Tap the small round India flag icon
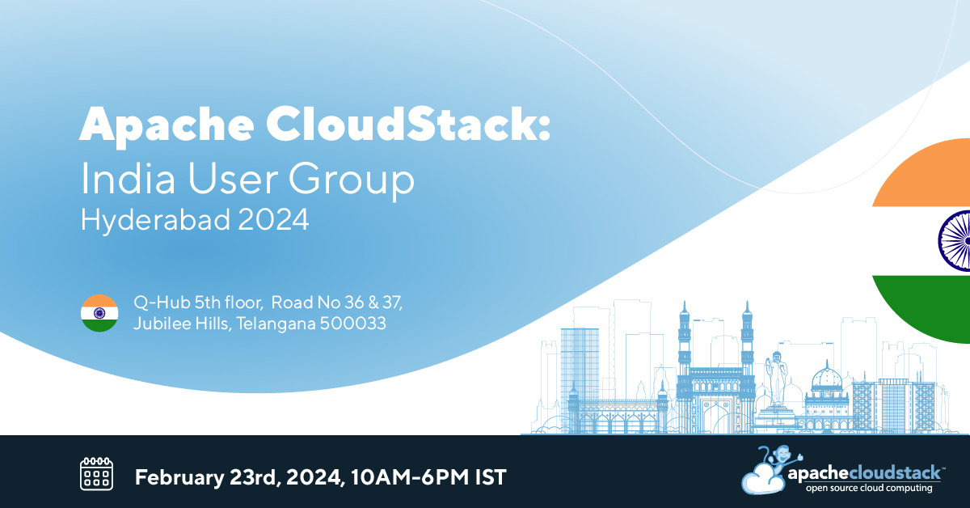click(x=99, y=313)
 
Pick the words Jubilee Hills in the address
click(x=179, y=324)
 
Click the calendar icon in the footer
click(x=96, y=474)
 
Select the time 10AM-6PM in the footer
click(x=411, y=476)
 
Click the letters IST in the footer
click(x=489, y=476)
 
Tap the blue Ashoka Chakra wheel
click(x=955, y=240)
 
